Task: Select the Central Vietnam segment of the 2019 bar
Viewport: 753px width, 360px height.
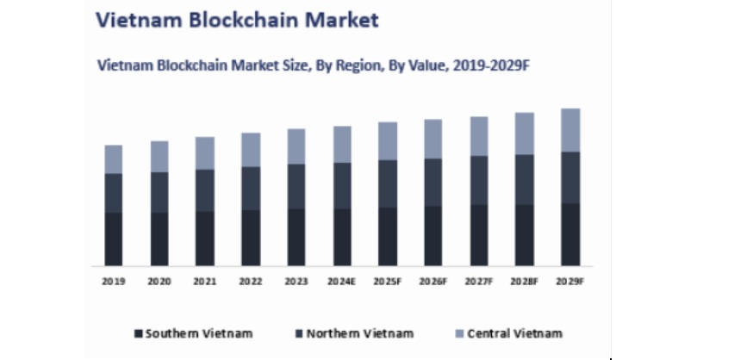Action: coord(114,159)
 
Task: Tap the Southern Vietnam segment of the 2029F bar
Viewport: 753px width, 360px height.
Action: coord(570,234)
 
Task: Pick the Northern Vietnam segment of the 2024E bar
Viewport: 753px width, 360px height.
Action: coord(342,186)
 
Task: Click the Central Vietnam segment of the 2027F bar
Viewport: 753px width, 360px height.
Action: coord(479,136)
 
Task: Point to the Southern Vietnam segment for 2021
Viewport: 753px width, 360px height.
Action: coord(205,239)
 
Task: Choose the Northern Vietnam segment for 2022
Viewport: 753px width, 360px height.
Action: coord(251,189)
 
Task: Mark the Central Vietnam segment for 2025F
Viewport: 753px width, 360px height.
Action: coord(388,141)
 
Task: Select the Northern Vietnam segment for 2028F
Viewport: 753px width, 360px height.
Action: coord(525,180)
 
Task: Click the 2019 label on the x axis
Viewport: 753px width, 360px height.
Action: coord(114,282)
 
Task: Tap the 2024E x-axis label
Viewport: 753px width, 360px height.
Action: coord(342,282)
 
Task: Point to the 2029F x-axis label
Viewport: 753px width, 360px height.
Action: coord(570,282)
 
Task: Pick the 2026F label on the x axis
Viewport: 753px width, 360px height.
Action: coord(433,282)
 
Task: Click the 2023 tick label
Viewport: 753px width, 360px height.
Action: coord(296,282)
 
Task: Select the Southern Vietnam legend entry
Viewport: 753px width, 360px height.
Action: coord(184,333)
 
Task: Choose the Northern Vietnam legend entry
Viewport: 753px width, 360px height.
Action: coord(358,333)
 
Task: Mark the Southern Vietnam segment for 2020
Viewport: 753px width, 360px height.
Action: coord(159,239)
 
